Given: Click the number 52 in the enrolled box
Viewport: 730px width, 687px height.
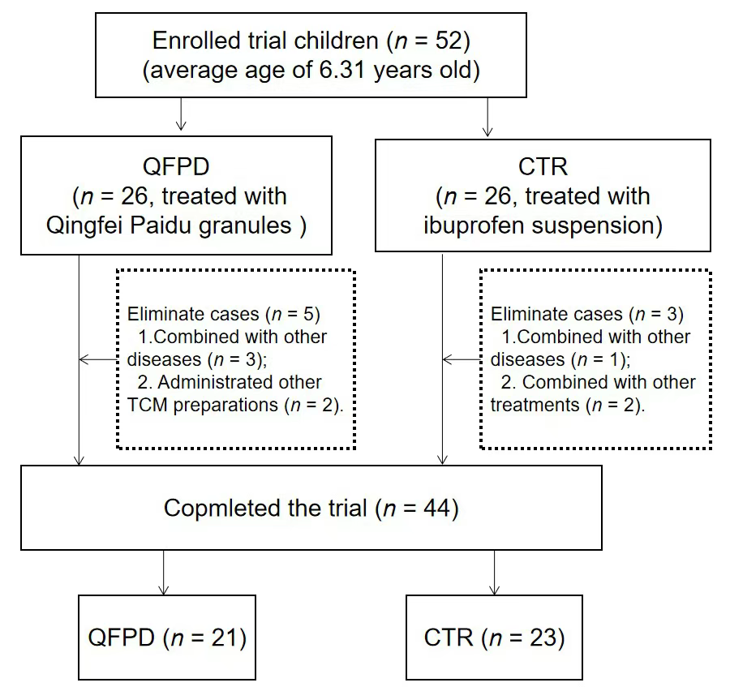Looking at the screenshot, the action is point(449,41).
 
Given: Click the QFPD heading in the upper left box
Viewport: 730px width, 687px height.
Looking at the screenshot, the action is point(176,166).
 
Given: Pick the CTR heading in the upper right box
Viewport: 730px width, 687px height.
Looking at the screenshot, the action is point(543,166).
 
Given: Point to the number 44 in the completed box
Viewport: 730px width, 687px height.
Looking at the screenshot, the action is point(436,509).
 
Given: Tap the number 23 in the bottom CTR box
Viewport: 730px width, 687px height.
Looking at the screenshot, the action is point(543,638).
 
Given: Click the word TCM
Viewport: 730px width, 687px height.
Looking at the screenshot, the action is point(147,405).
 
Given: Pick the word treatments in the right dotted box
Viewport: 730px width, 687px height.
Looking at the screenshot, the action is point(535,405).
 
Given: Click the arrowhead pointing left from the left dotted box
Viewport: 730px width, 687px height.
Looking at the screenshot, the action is point(84,359).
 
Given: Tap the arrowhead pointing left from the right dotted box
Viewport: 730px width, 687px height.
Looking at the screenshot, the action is point(447,359).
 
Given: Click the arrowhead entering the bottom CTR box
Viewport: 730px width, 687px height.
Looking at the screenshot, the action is point(495,590).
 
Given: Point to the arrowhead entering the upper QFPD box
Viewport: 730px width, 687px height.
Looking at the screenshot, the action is point(181,125).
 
